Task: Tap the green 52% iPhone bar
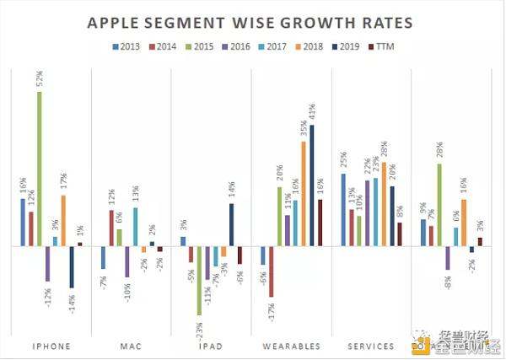(39, 169)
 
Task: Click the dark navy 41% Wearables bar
(312, 185)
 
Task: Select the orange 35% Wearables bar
(304, 194)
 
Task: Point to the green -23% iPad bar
(199, 280)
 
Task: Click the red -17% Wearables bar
(272, 271)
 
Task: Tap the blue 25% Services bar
(344, 210)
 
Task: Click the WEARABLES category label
(292, 346)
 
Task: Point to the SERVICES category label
(371, 346)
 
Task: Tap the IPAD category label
(211, 346)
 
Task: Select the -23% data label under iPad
(199, 326)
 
